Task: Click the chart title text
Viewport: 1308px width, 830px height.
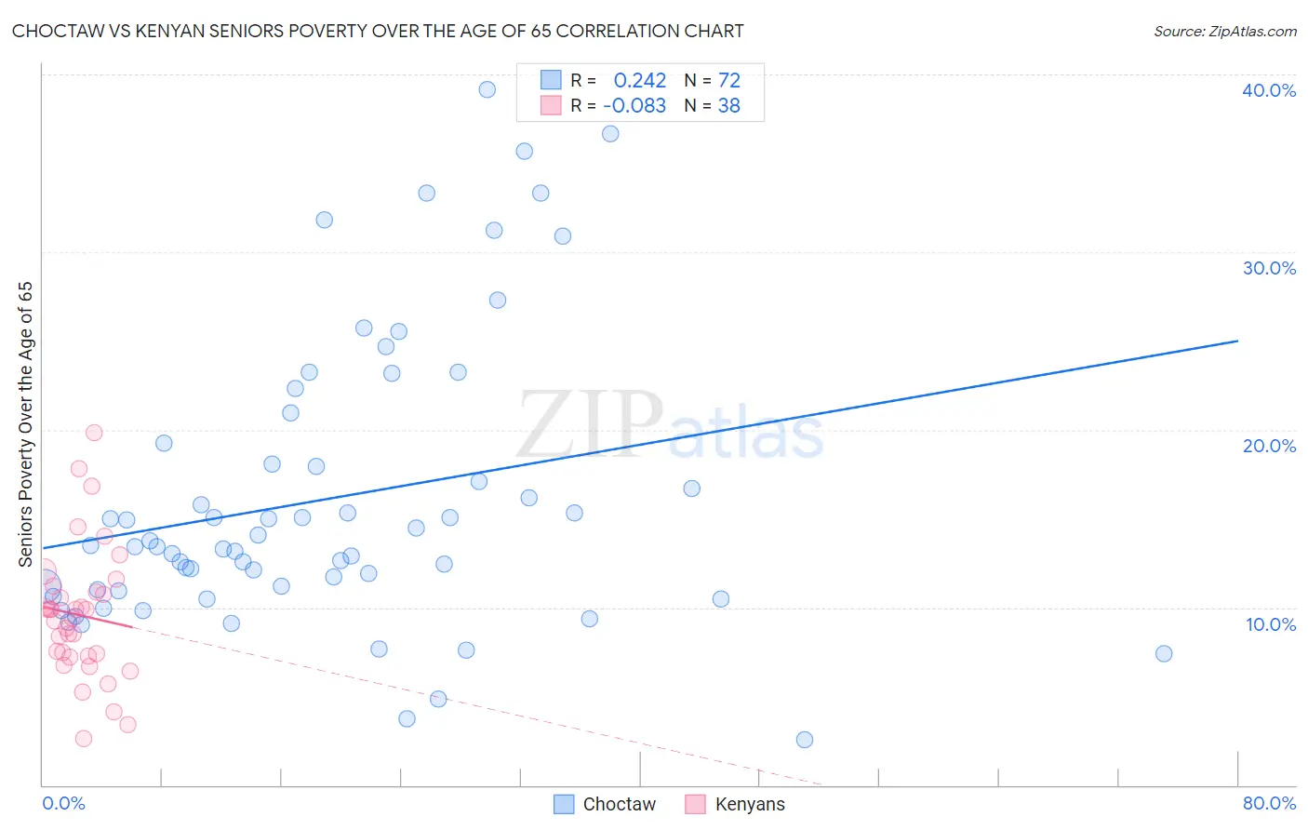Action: tap(378, 31)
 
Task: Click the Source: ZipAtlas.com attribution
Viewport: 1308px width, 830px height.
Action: tap(1224, 31)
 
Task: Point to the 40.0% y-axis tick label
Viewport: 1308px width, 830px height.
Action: tap(1268, 90)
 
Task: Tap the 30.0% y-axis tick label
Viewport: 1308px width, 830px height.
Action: tap(1268, 268)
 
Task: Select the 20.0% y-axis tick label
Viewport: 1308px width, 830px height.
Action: tap(1268, 446)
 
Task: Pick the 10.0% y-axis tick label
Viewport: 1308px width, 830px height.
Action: tap(1270, 624)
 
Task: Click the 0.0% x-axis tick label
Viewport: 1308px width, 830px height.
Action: tap(63, 803)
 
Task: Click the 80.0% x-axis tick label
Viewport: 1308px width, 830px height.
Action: tap(1269, 803)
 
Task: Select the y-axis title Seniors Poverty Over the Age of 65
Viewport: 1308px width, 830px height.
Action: tap(26, 424)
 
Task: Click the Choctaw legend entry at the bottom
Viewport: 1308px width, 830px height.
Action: tap(605, 804)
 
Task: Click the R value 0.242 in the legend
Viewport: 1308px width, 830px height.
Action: tap(639, 81)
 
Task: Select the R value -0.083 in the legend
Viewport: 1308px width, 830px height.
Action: tap(634, 106)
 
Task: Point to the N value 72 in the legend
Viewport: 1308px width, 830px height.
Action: tap(728, 81)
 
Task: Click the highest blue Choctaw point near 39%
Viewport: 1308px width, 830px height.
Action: tap(487, 89)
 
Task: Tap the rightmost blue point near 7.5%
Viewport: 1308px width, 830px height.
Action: tap(1163, 653)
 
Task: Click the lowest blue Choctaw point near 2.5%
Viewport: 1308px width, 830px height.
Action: tap(805, 740)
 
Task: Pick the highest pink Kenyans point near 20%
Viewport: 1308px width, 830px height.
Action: tap(94, 433)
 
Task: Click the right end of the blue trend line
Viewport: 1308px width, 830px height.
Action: tap(1236, 341)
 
